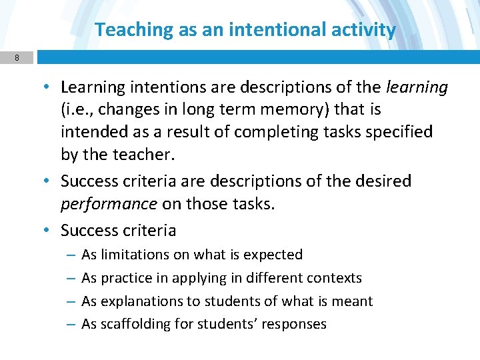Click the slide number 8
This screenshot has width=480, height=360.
pyautogui.click(x=17, y=58)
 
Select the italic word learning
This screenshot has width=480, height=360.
pyautogui.click(x=417, y=87)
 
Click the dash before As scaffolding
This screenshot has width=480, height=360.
pyautogui.click(x=71, y=325)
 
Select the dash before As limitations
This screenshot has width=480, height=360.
pyautogui.click(x=71, y=255)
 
